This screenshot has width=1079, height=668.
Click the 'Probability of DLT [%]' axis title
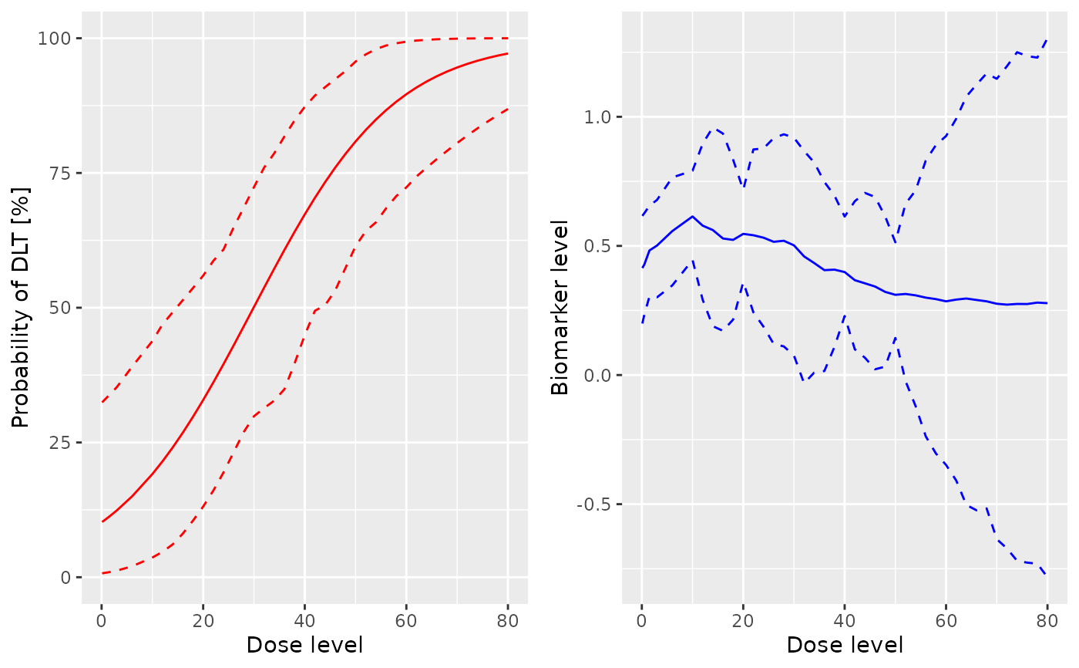[21, 307]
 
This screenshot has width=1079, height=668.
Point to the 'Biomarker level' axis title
[560, 307]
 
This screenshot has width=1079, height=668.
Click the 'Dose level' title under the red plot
[304, 645]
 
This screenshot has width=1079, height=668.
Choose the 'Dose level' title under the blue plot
[845, 645]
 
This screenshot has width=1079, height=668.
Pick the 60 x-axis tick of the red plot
[406, 620]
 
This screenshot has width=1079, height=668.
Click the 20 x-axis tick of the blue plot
[743, 620]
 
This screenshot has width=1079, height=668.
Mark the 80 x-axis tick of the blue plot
[1047, 620]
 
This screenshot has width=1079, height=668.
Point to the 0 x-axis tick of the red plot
[102, 620]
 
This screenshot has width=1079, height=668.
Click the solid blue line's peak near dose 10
[692, 216]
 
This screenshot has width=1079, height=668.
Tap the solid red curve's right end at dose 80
[508, 53]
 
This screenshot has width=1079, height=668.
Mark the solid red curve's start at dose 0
[102, 521]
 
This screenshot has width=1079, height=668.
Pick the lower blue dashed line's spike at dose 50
[896, 337]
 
